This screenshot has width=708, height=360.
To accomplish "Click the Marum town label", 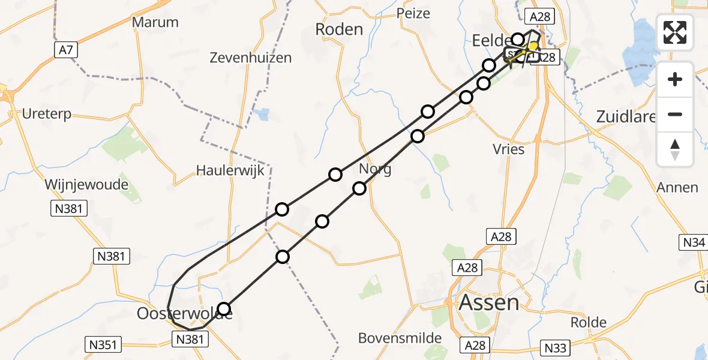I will [155, 22].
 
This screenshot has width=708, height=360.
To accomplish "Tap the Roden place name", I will [339, 29].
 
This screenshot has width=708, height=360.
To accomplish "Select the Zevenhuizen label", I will [251, 58].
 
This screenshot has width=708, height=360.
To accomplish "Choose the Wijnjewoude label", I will [86, 184].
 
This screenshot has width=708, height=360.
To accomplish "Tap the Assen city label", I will [489, 302].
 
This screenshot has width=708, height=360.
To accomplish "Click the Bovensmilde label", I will [400, 338].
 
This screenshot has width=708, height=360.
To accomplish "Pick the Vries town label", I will [508, 149].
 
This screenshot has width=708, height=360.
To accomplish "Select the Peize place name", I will [414, 13].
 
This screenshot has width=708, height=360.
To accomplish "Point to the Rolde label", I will [588, 322].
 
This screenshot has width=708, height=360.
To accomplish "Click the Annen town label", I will [677, 187].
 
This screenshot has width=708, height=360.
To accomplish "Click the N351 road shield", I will [104, 344].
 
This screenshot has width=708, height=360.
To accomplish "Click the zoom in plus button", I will [675, 79].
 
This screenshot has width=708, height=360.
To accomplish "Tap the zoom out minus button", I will [675, 114].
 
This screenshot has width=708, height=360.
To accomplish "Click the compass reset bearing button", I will [675, 149].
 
